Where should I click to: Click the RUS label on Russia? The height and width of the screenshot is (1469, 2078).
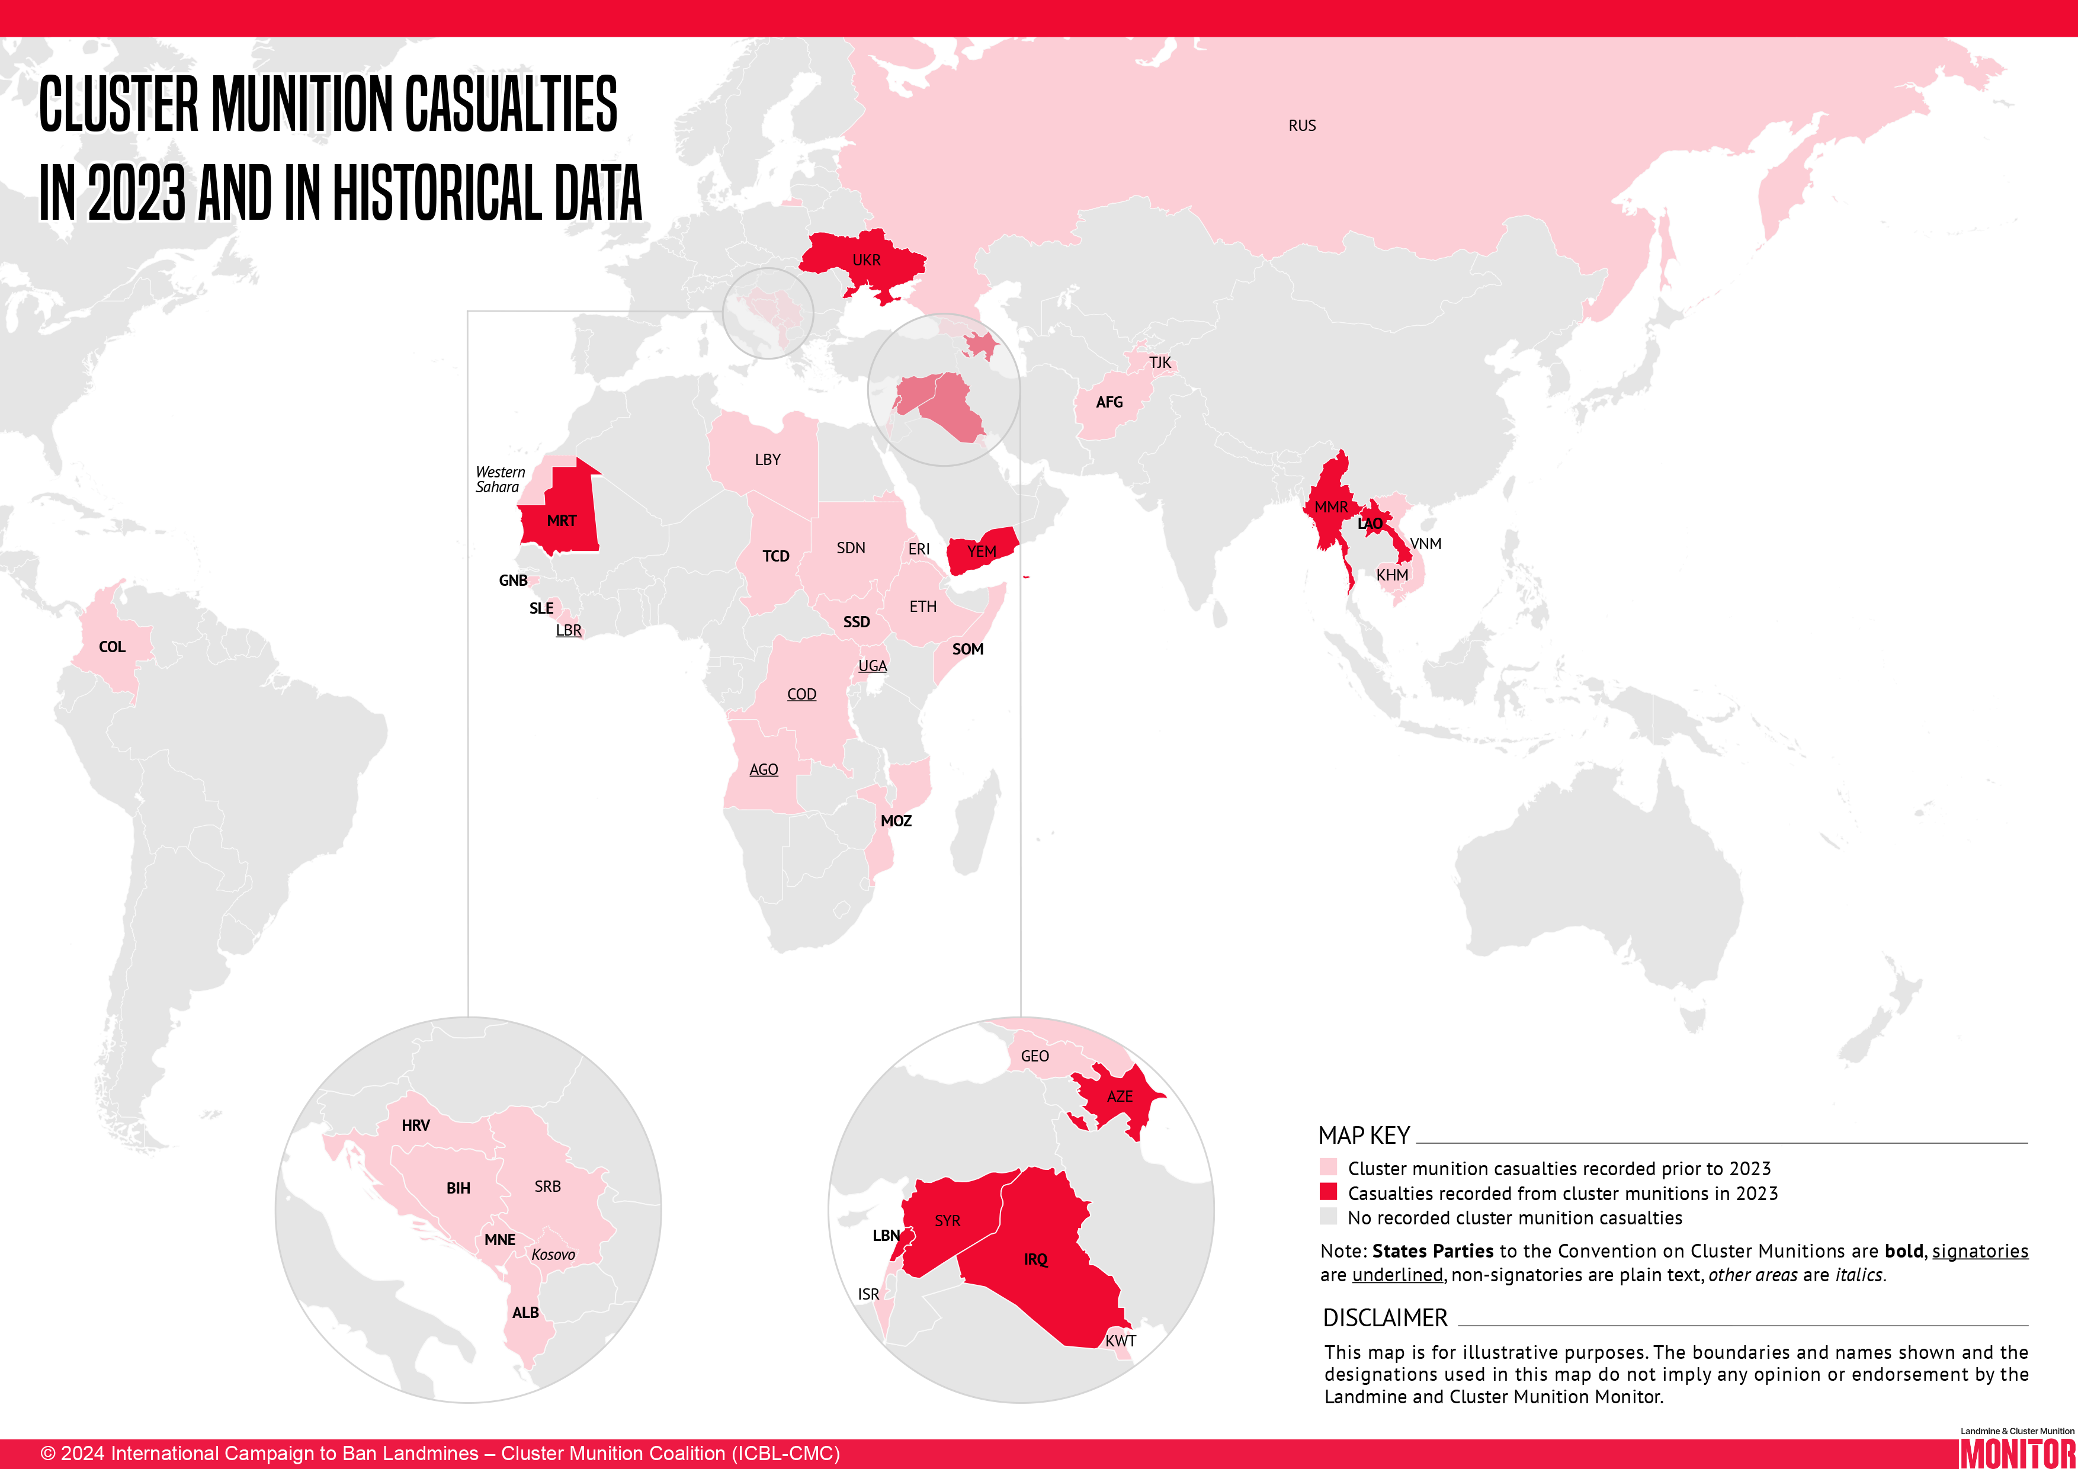[1301, 126]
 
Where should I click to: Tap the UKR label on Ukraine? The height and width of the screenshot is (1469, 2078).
[866, 261]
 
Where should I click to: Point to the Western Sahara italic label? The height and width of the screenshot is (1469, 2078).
[499, 480]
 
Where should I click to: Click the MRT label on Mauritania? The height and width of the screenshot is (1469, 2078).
[561, 521]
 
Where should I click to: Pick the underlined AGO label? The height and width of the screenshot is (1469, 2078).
[763, 770]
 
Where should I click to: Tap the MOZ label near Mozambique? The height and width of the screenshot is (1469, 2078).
[896, 821]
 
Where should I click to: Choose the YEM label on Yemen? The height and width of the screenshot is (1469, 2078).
[981, 552]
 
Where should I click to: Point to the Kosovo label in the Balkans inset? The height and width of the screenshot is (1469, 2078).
[553, 1255]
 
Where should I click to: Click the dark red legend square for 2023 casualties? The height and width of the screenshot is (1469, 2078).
[1327, 1192]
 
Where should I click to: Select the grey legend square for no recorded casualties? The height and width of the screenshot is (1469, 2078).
[1327, 1217]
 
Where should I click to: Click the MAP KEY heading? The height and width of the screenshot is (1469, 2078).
[1364, 1136]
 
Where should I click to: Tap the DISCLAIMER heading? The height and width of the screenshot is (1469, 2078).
[1385, 1318]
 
